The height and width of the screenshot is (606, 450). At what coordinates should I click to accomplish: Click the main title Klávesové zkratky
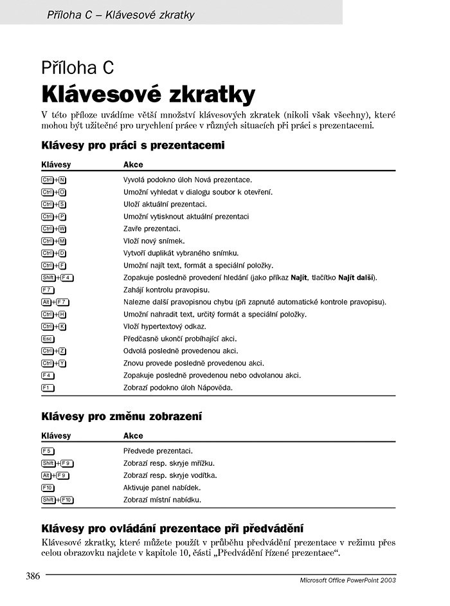tap(148, 94)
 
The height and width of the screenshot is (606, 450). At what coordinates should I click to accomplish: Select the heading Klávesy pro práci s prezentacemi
tap(132, 145)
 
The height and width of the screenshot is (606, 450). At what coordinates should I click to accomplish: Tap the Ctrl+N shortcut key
tap(54, 180)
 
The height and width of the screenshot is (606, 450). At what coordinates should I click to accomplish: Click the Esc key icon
tap(48, 338)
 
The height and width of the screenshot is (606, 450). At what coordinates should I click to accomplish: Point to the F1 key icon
tap(48, 387)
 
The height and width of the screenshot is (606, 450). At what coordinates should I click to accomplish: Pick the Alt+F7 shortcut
tap(55, 302)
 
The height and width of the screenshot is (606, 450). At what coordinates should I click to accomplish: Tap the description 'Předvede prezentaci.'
tap(158, 451)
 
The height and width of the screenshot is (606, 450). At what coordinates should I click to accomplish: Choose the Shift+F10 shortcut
tap(58, 500)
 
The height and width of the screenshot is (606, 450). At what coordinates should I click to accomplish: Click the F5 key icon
tap(48, 451)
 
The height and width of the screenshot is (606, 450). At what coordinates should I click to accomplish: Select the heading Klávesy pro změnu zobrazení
tap(122, 417)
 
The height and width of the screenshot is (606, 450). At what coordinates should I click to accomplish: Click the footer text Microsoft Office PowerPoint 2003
tap(348, 580)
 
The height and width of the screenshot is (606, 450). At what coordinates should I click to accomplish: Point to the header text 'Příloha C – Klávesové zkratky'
tap(121, 14)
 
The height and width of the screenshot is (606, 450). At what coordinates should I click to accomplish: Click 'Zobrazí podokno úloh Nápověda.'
tap(177, 387)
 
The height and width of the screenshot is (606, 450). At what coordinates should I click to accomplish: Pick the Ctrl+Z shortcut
tap(54, 351)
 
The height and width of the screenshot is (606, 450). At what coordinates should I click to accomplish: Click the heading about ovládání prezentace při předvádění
tap(172, 529)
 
